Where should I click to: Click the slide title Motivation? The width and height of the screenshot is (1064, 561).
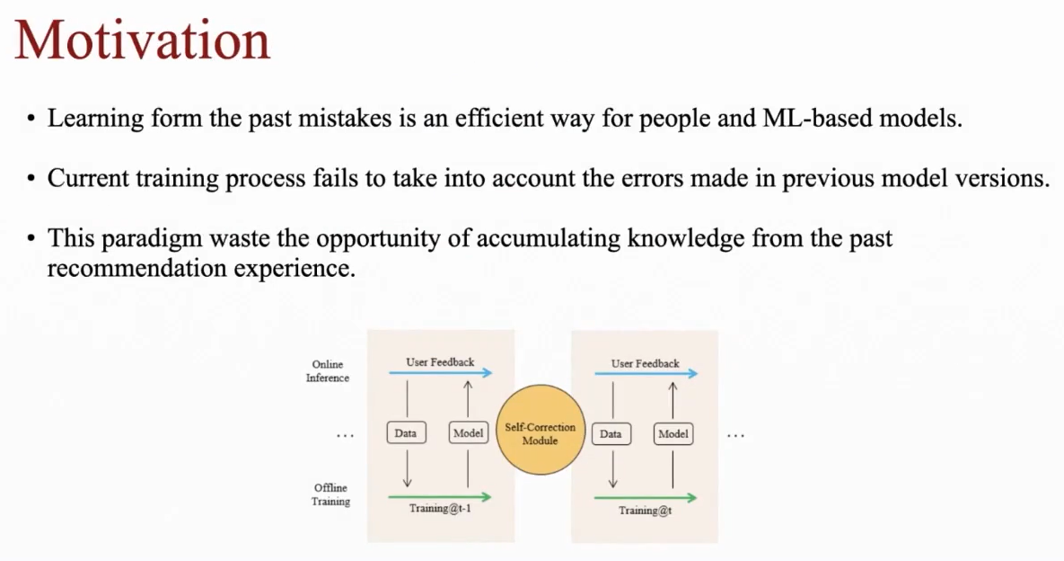click(142, 40)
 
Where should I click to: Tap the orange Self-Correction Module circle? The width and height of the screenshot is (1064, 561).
click(540, 434)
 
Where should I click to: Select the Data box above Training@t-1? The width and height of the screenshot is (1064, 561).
click(406, 433)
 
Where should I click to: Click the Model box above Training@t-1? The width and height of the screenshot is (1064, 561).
click(468, 433)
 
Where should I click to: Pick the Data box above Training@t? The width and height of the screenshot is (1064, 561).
click(611, 434)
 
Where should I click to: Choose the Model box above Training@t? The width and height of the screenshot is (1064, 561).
click(673, 434)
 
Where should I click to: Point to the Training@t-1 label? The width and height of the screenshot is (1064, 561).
click(440, 509)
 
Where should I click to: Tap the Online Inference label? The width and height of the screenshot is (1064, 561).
click(328, 371)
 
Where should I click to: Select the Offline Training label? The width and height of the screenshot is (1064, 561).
click(330, 494)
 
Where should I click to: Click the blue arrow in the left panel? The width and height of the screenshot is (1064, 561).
click(440, 372)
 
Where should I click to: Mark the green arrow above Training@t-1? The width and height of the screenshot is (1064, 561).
click(440, 496)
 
